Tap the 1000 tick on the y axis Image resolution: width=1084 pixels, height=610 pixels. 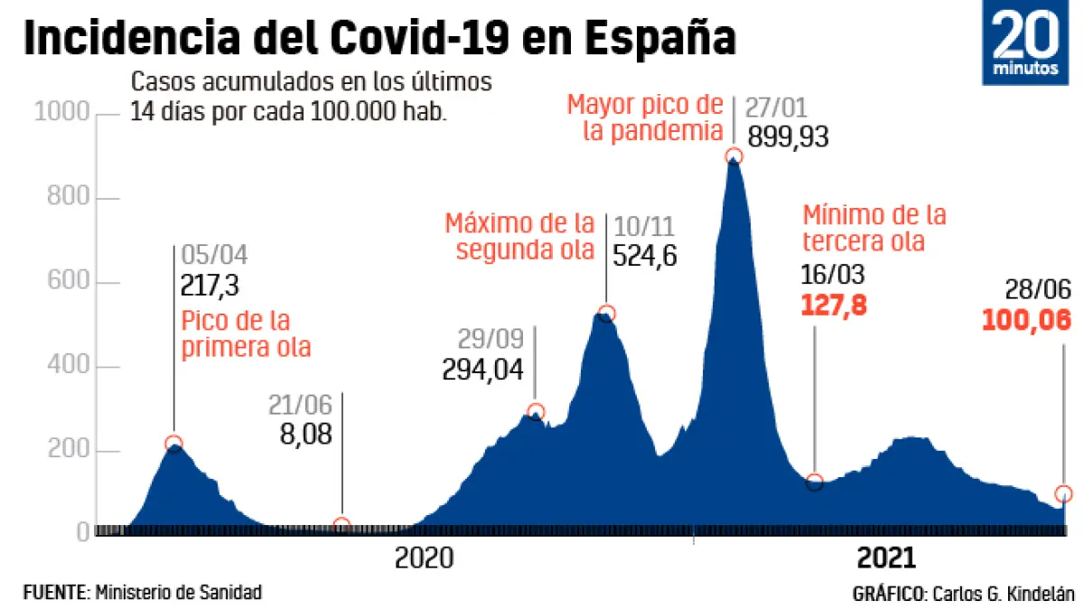click(x=61, y=113)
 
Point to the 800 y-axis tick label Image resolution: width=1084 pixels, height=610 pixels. click(x=69, y=198)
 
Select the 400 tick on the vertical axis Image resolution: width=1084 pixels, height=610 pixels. click(x=69, y=368)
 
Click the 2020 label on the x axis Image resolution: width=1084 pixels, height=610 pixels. click(x=424, y=558)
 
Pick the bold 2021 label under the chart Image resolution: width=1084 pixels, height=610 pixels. click(x=886, y=558)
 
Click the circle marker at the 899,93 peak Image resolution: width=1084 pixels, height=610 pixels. click(x=734, y=156)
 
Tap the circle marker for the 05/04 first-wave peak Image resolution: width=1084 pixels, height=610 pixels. click(x=173, y=443)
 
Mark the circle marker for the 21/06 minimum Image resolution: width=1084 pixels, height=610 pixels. click(x=341, y=525)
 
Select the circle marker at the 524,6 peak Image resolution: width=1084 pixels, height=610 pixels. click(x=606, y=314)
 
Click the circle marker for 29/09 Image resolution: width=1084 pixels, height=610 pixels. click(x=536, y=412)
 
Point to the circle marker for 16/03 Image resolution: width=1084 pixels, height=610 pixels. click(x=815, y=482)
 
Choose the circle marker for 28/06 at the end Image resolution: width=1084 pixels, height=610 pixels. click(x=1063, y=493)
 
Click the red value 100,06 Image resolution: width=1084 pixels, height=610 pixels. click(x=1026, y=321)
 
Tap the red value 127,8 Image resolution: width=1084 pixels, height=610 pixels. click(x=834, y=305)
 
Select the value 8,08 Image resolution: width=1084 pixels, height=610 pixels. click(x=306, y=434)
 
